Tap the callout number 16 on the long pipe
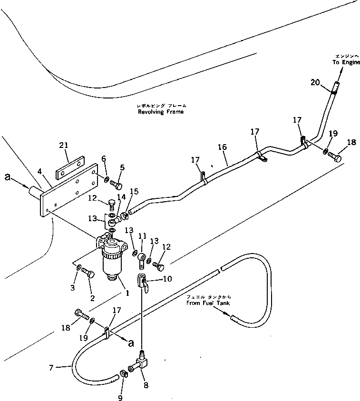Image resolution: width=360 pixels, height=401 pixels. [x=222, y=148]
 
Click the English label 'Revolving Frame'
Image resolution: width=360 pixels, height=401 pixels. [x=160, y=112]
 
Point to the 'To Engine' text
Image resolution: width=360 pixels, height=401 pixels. [x=346, y=62]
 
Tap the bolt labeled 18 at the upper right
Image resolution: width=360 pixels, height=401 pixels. [x=335, y=157]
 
